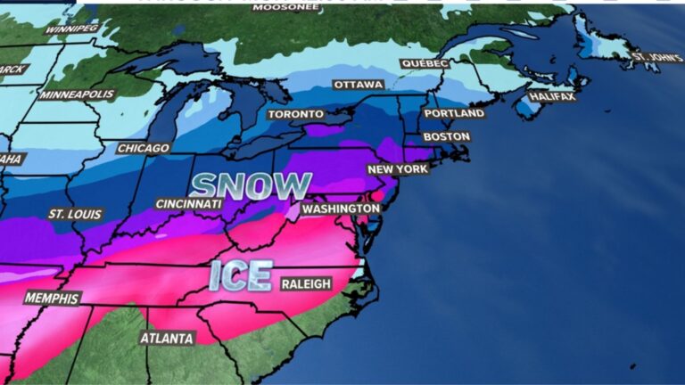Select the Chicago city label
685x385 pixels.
point(143,148)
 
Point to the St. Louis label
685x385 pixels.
point(76,215)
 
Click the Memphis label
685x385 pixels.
point(52,298)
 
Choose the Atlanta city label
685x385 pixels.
point(167,339)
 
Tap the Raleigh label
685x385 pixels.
point(306,283)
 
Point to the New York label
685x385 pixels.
point(398,169)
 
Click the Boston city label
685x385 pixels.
point(446,136)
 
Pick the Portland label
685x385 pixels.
point(454,114)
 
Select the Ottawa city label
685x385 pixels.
point(358,85)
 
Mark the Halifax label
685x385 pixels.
point(551,96)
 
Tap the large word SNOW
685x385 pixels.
point(251,185)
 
